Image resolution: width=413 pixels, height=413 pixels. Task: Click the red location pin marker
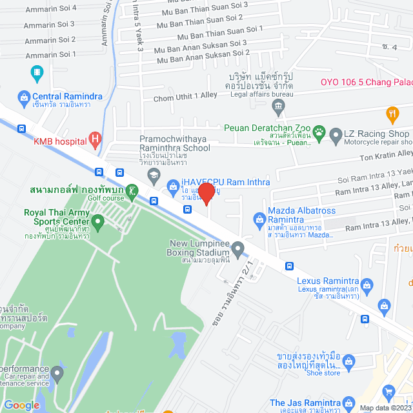click(x=206, y=194)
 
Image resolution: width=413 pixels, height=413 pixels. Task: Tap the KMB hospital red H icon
click(x=96, y=137)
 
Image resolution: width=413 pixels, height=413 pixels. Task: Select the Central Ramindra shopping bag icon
click(x=23, y=97)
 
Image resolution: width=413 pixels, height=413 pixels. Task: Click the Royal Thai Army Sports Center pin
click(x=97, y=223)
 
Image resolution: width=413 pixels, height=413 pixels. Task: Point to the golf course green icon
click(x=132, y=190)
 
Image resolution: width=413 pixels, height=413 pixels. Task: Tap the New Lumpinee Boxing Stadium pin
click(x=238, y=248)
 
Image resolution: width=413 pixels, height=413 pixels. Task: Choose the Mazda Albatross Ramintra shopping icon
click(x=259, y=219)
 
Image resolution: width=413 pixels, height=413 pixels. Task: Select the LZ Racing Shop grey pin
click(x=336, y=136)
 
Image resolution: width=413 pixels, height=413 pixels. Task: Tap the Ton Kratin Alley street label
click(x=385, y=154)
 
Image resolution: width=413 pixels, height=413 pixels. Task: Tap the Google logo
click(x=22, y=405)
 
